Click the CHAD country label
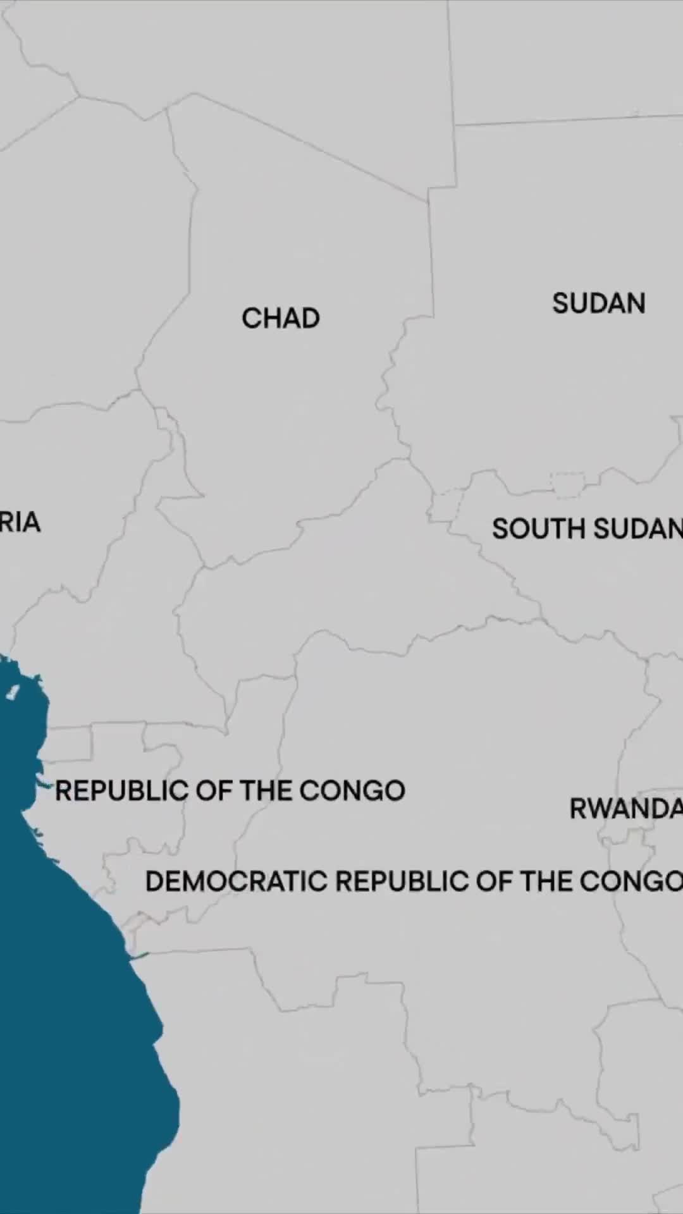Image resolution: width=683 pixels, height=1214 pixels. tap(281, 318)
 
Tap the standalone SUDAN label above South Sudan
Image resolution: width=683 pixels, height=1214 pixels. tap(598, 303)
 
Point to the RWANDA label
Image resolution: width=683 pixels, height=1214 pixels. tap(625, 809)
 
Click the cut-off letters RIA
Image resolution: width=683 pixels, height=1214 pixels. tap(20, 522)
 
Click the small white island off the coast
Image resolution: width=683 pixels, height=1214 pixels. tap(11, 692)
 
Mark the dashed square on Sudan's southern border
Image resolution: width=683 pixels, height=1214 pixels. tap(567, 484)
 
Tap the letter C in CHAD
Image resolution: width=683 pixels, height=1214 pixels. tap(250, 318)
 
